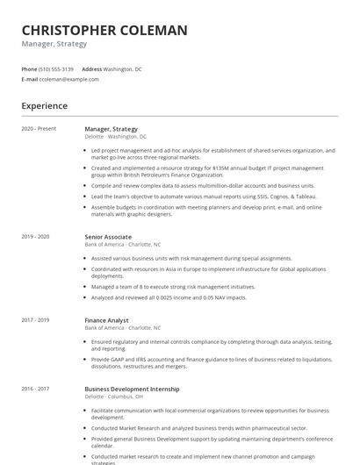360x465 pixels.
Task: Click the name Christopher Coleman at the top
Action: (104, 31)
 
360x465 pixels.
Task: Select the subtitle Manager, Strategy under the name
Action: (54, 44)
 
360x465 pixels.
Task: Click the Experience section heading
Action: (45, 106)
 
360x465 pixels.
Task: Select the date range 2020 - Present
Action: (39, 129)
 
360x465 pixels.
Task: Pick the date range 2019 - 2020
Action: (35, 237)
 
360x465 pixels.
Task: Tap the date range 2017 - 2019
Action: (35, 320)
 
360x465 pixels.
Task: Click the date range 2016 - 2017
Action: (35, 389)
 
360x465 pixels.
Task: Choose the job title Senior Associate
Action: (108, 237)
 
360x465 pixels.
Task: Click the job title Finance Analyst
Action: (106, 320)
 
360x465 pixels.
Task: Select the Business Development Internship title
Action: (132, 389)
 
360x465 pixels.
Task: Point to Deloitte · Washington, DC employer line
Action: (116, 137)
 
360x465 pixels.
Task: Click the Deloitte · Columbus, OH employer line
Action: (114, 397)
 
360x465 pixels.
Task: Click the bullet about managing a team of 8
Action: (173, 287)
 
